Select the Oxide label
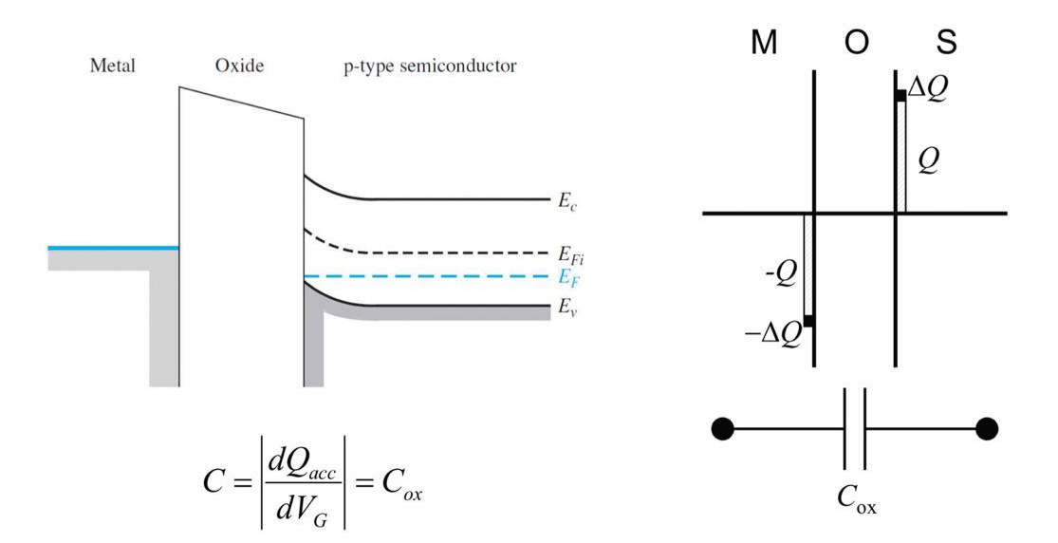coord(240,67)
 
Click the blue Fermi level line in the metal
coord(113,248)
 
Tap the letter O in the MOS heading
coord(856,43)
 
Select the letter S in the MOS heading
coord(945,43)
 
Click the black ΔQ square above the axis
coord(900,95)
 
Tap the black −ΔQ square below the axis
coord(808,321)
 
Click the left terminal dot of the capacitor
coord(722,429)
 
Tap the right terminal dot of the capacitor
coord(986,429)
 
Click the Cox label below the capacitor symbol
coord(856,501)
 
